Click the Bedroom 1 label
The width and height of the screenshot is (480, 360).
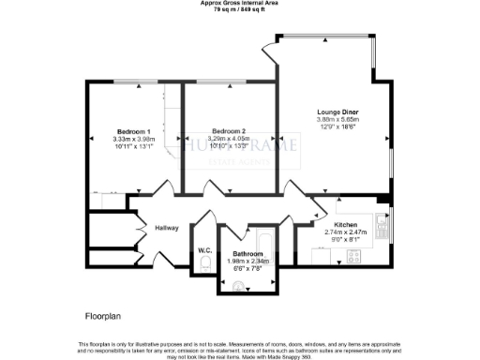click(x=134, y=130)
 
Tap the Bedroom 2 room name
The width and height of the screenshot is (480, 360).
click(x=229, y=130)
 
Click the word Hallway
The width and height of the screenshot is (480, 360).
click(x=154, y=227)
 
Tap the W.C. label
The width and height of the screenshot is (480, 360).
click(x=204, y=249)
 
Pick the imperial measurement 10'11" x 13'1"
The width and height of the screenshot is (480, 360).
click(x=134, y=145)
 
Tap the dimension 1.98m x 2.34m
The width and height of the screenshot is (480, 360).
click(x=247, y=262)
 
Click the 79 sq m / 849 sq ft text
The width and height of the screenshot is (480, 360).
click(x=239, y=9)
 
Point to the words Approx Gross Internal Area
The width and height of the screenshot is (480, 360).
click(x=239, y=3)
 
